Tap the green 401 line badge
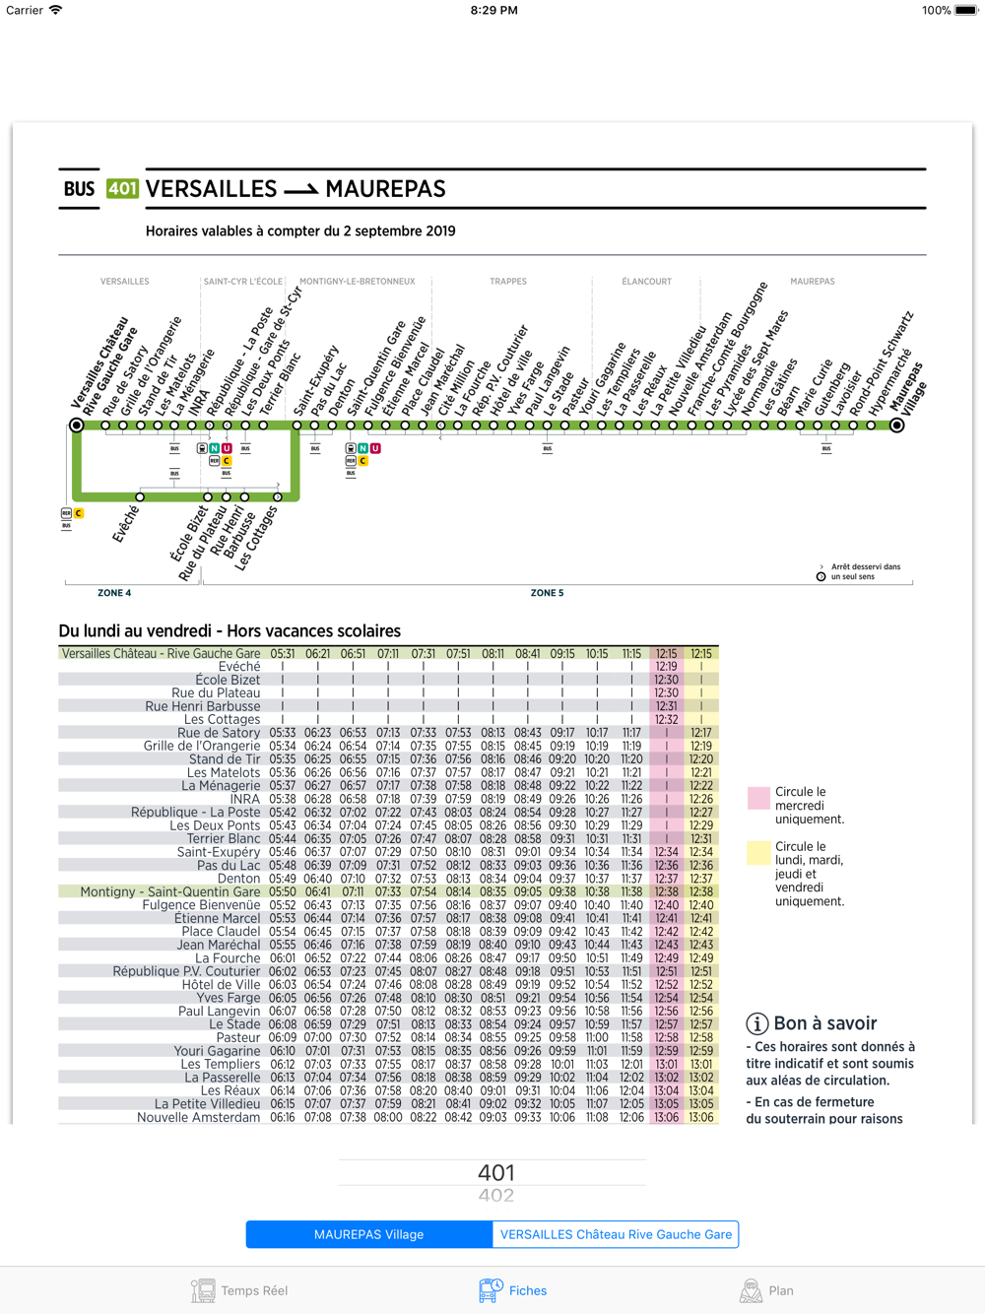click(122, 188)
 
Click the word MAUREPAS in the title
click(385, 189)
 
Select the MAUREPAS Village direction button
click(368, 1234)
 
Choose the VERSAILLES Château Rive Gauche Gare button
click(616, 1234)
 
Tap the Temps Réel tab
click(239, 1290)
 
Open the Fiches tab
click(513, 1290)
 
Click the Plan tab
click(766, 1290)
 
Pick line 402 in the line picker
click(495, 1196)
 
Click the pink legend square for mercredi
click(758, 798)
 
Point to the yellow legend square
click(758, 853)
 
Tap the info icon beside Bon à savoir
click(756, 1023)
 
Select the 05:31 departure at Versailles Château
click(283, 654)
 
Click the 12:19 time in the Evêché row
click(667, 667)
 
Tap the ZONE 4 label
click(114, 593)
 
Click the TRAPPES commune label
click(508, 282)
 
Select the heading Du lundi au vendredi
click(230, 631)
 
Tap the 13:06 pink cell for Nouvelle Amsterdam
click(667, 1117)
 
